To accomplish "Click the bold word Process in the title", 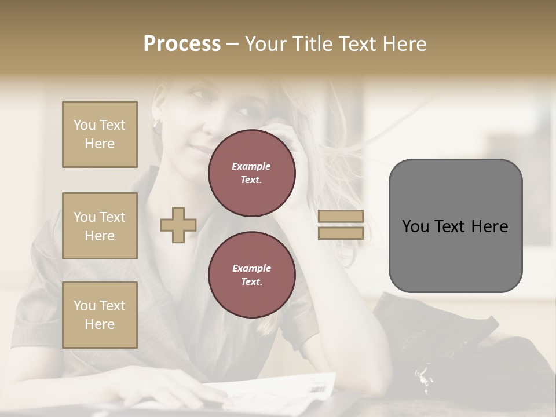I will click(182, 44).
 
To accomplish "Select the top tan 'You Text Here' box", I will click(100, 134).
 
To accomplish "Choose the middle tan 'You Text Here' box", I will click(100, 226).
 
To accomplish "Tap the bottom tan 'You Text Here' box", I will click(100, 314).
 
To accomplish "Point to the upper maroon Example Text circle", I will click(252, 173).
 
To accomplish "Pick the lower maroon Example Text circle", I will click(252, 275).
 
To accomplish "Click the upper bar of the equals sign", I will click(341, 217).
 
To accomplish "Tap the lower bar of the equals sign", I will click(341, 233).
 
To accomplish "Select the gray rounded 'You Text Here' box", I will click(455, 226).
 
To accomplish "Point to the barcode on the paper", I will click(317, 389).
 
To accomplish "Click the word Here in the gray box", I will click(490, 226).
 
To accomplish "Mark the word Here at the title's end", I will click(404, 44).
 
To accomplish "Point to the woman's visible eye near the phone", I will click(243, 111).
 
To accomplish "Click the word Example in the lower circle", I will click(251, 268).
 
